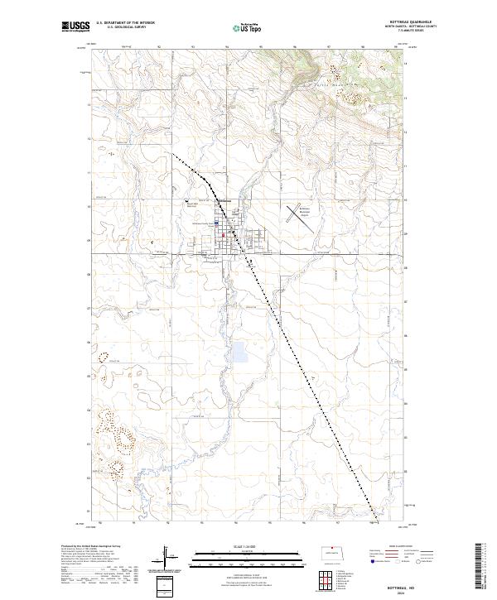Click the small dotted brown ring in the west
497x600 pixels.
coord(105,358)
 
